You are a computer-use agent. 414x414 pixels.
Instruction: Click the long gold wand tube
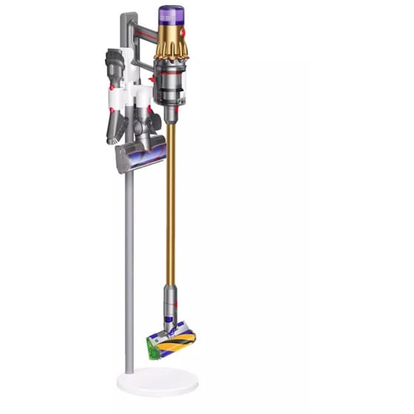171,207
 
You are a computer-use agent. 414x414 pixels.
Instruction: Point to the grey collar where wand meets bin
170,115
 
